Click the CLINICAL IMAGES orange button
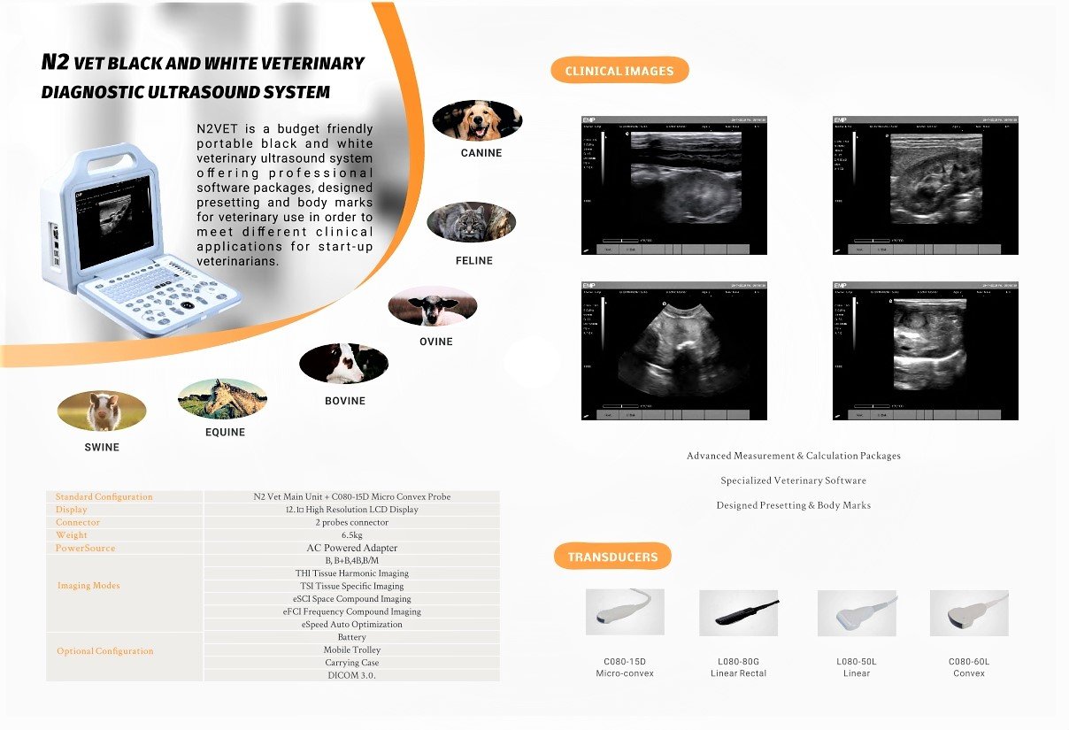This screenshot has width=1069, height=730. pyautogui.click(x=619, y=71)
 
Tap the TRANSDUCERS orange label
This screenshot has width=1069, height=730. pyautogui.click(x=612, y=557)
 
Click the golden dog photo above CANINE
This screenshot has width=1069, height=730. pyautogui.click(x=477, y=120)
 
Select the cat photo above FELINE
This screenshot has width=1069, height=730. pyautogui.click(x=471, y=222)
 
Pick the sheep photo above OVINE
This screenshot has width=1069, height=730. pyautogui.click(x=433, y=306)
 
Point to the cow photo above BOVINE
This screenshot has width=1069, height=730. pyautogui.click(x=343, y=363)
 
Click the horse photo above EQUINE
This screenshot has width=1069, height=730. pyautogui.click(x=222, y=398)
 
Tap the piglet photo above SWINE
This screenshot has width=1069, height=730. pyautogui.click(x=102, y=411)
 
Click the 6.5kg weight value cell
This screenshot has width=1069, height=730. pyautogui.click(x=351, y=535)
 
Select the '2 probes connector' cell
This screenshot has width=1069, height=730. pyautogui.click(x=351, y=522)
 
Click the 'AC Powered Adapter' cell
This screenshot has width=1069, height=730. pyautogui.click(x=351, y=548)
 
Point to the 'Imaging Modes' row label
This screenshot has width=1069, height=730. pyautogui.click(x=88, y=586)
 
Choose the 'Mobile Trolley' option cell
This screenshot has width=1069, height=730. pyautogui.click(x=351, y=649)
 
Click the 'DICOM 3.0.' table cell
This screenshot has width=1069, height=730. pyautogui.click(x=351, y=675)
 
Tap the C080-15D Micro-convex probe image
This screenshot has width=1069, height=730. pyautogui.click(x=625, y=612)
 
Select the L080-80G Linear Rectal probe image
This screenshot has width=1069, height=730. pyautogui.click(x=738, y=612)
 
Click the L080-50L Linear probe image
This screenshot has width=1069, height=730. pyautogui.click(x=857, y=612)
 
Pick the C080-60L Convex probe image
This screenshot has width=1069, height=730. pyautogui.click(x=968, y=612)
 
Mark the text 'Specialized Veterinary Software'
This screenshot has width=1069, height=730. pyautogui.click(x=793, y=480)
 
